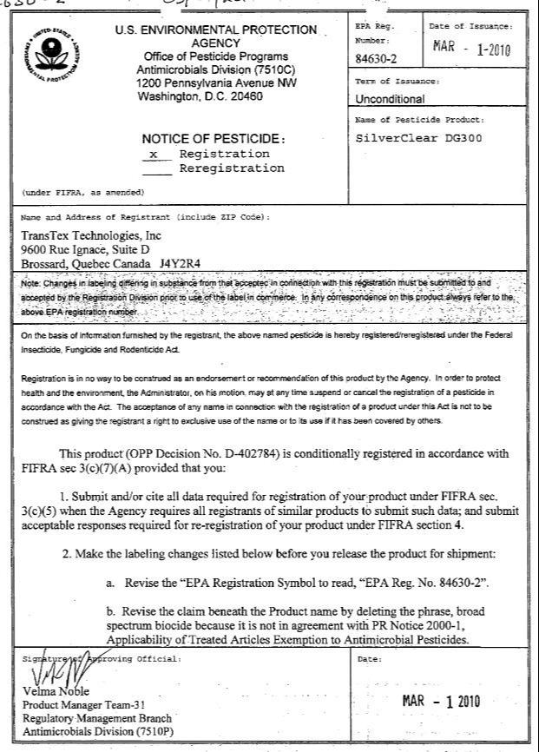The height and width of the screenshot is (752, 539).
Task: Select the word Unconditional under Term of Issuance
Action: point(391,99)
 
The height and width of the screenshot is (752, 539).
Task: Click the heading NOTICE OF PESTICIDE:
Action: point(213,139)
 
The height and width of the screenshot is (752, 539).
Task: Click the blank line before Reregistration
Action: point(156,168)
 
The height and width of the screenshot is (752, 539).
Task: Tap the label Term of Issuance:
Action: point(398,81)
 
